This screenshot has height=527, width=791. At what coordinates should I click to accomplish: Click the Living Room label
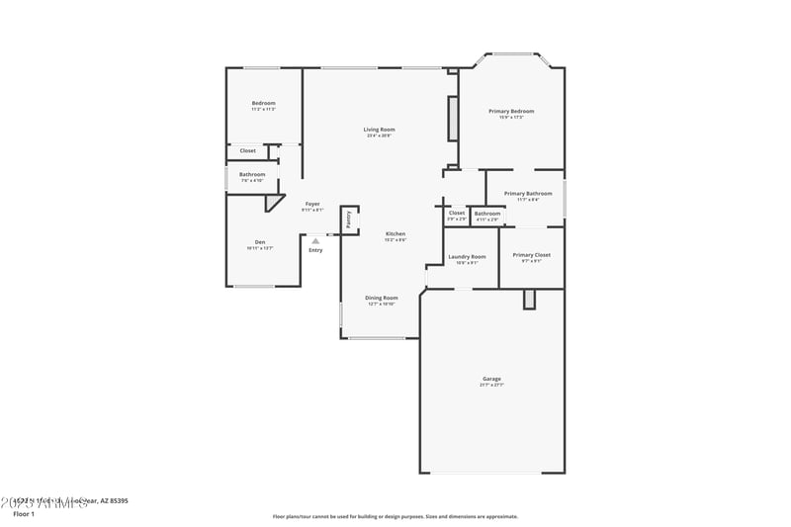(379, 130)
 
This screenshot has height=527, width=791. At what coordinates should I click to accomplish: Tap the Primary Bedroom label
(511, 112)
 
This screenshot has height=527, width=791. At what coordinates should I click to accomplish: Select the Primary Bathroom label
(527, 194)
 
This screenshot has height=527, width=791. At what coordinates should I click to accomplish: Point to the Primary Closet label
(531, 255)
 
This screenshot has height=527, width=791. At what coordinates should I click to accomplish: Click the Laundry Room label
(467, 257)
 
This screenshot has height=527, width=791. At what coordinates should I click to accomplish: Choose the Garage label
(491, 379)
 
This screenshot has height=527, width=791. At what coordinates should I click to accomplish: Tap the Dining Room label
(381, 298)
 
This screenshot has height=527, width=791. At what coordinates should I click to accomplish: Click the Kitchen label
(395, 234)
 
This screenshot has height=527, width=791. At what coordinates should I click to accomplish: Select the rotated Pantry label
(348, 220)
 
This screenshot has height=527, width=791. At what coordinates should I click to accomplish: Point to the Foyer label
(312, 204)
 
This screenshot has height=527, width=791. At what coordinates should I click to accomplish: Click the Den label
(260, 242)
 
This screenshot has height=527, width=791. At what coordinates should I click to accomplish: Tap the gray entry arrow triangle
(315, 240)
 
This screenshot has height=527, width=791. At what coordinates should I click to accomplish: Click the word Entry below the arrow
(315, 250)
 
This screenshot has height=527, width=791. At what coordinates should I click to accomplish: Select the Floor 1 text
(24, 514)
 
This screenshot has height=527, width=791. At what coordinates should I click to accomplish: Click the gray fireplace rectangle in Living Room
(454, 119)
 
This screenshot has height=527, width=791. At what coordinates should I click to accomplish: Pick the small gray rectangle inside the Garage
(529, 299)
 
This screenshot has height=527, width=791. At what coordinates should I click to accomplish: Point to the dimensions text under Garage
(491, 386)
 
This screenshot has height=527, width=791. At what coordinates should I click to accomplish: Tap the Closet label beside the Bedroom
(247, 151)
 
